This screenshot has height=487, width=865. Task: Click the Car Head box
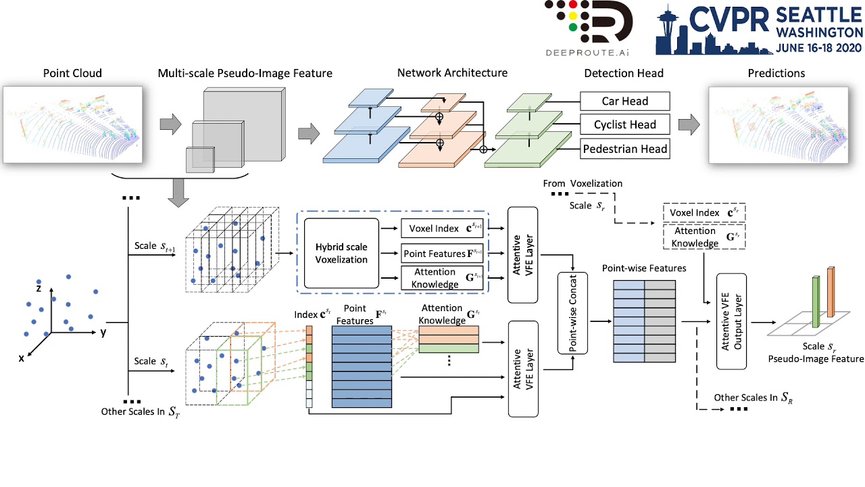coord(624,101)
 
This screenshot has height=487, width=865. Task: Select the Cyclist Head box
coord(624,124)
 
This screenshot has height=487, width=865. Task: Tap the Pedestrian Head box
coord(624,149)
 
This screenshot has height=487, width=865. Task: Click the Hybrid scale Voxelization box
coord(341,252)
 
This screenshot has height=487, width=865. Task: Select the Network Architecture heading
coord(452,73)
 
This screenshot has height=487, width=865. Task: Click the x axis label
coord(22,358)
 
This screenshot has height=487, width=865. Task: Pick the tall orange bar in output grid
coord(831,291)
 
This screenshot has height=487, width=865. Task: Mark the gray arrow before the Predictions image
coord(689,125)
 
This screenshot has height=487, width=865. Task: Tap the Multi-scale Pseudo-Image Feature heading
coord(245,73)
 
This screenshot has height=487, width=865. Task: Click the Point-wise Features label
coord(644,269)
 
